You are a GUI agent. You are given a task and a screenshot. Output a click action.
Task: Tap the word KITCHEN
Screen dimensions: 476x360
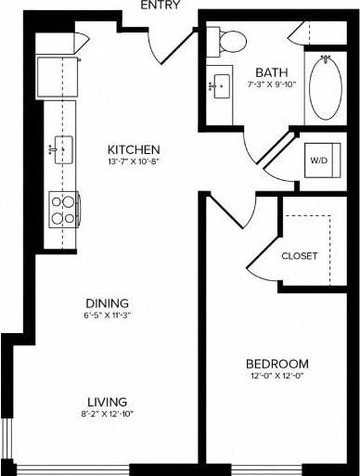(x=135, y=149)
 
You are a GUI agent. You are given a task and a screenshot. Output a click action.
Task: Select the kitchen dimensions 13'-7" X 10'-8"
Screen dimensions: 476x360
(x=135, y=163)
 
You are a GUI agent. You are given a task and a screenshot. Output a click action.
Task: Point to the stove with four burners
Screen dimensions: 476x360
(x=62, y=210)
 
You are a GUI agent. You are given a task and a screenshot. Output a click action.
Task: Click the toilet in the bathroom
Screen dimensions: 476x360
(x=229, y=41)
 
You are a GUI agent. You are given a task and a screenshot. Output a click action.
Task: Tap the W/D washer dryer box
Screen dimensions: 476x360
(x=318, y=160)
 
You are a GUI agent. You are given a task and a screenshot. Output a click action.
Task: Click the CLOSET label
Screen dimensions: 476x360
(x=300, y=255)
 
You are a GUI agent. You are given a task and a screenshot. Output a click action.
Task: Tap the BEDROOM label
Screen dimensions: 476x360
(x=277, y=362)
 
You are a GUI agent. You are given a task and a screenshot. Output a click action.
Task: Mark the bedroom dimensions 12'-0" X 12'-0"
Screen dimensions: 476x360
(x=277, y=376)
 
